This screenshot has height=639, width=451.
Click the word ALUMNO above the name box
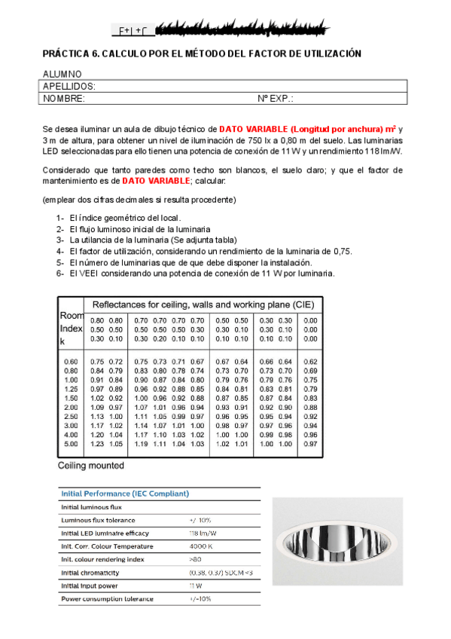click(x=62, y=75)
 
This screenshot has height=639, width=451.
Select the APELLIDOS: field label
click(x=69, y=87)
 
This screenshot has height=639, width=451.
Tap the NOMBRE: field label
click(x=64, y=99)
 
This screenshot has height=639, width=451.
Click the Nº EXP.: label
click(x=276, y=99)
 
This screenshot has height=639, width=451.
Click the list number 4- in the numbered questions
click(x=60, y=251)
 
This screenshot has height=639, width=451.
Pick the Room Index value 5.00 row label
click(x=71, y=444)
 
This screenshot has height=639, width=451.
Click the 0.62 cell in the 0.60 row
click(x=310, y=362)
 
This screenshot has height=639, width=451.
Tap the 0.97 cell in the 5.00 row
click(x=310, y=444)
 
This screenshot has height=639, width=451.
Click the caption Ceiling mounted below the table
click(x=91, y=466)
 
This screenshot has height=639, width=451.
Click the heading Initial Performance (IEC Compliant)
click(x=124, y=494)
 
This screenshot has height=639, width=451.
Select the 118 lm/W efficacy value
click(x=202, y=533)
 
